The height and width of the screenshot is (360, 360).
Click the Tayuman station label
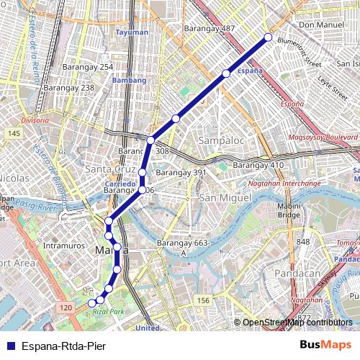click(x=132, y=32)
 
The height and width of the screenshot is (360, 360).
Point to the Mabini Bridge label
click(x=289, y=210)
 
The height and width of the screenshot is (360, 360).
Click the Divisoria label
click(x=35, y=120)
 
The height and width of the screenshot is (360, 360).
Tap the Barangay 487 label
click(x=210, y=29)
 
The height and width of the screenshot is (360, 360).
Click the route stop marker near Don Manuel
click(x=268, y=37)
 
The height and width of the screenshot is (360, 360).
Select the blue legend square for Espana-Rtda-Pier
click(x=9, y=346)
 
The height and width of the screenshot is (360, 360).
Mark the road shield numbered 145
click(x=14, y=135)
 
